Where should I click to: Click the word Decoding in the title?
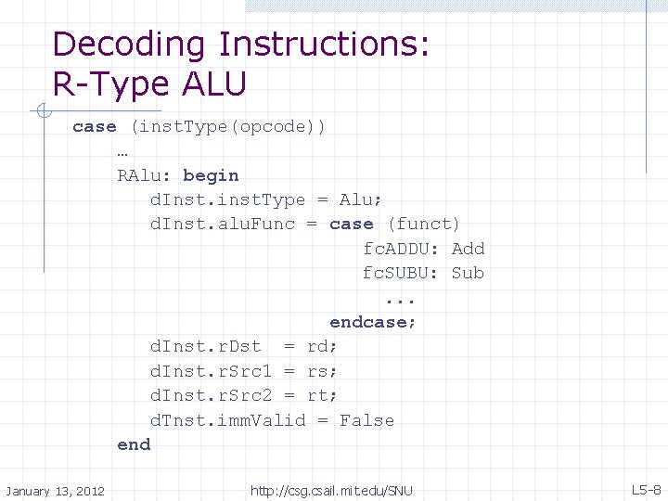click(x=128, y=45)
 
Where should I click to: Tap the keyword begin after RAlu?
click(x=211, y=175)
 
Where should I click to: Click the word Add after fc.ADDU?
click(x=468, y=249)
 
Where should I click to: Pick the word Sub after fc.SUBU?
click(x=468, y=273)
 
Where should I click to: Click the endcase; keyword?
click(x=373, y=322)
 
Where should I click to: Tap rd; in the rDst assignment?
click(x=323, y=347)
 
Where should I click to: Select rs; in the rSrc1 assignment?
click(x=323, y=371)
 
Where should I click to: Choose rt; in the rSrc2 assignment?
click(x=323, y=396)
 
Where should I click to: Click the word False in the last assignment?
click(x=366, y=420)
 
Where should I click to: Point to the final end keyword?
click(x=134, y=444)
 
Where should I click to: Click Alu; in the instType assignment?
click(x=361, y=199)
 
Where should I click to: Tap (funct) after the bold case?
click(x=423, y=224)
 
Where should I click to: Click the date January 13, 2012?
click(x=55, y=490)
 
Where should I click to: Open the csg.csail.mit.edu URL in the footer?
click(x=331, y=490)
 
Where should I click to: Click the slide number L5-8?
click(x=646, y=489)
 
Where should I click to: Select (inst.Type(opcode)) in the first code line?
click(x=227, y=126)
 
